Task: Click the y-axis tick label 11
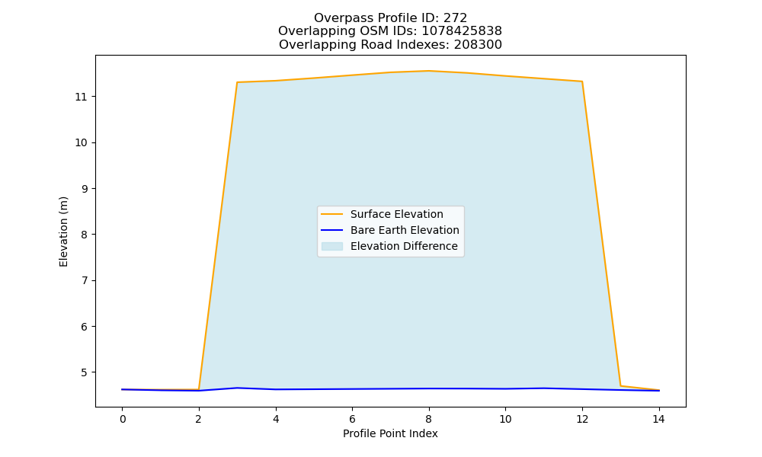coord(81,97)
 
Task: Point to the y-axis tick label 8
coord(84,235)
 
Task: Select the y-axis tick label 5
coord(84,372)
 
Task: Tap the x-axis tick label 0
coord(123,419)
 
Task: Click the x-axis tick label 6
coord(352,419)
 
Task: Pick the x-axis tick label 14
coord(658,419)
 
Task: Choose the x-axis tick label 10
coord(505,419)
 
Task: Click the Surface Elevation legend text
coord(396,214)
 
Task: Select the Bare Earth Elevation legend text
coord(405,230)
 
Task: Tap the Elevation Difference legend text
coord(404,246)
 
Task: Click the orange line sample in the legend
coord(332,214)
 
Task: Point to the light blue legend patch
coord(332,246)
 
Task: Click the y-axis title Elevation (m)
coord(64,232)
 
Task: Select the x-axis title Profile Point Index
coord(390,433)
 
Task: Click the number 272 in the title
coord(455,18)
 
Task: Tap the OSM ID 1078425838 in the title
coord(462,31)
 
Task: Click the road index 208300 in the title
coord(478,45)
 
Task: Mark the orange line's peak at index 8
coord(428,71)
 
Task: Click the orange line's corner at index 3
coord(237,82)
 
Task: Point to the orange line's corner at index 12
coord(581,81)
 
